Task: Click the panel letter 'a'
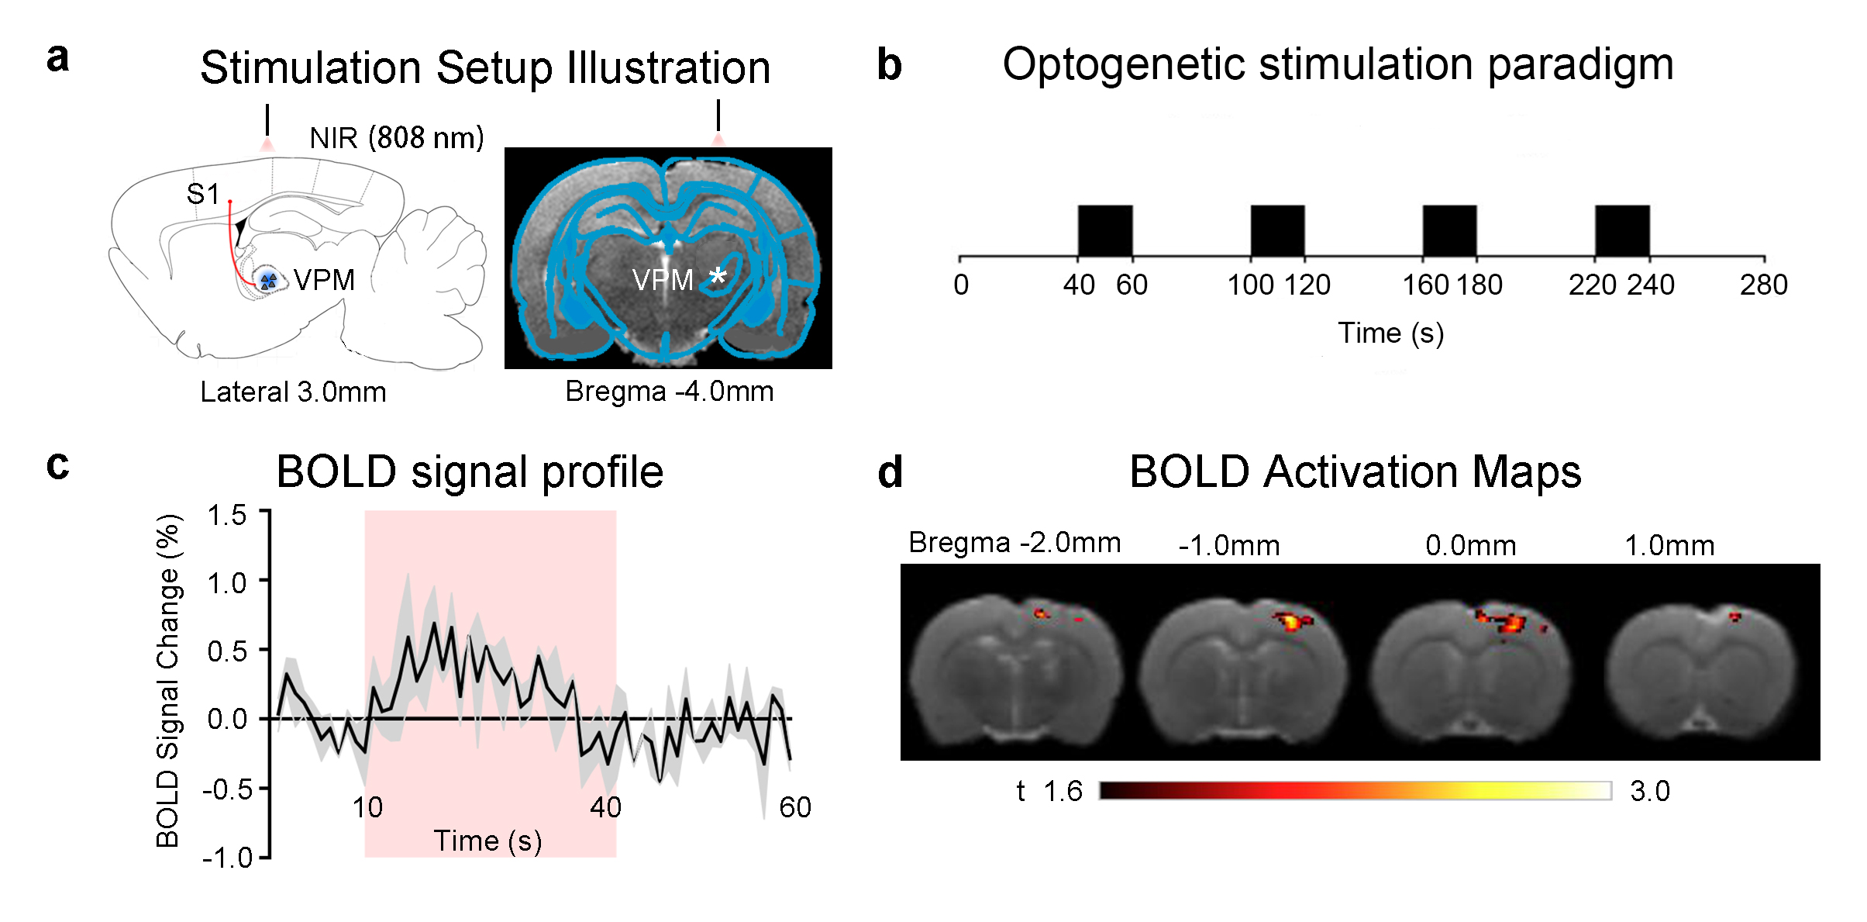pos(57,59)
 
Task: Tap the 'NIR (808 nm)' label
pos(396,138)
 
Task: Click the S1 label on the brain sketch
pos(203,194)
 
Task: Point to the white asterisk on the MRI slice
pos(718,276)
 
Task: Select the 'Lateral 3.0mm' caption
pos(293,392)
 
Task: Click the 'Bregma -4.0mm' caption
pos(669,392)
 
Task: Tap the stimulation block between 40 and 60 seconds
pos(1105,231)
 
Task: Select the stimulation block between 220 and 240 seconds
pos(1622,231)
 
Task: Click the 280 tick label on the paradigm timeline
pos(1763,285)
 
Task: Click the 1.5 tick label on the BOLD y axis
pos(226,516)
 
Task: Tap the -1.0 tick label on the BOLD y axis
pos(227,858)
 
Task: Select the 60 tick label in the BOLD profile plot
pos(795,808)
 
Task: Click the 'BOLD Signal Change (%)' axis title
pos(168,681)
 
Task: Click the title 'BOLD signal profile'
pos(470,471)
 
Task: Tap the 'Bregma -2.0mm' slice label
pos(1014,543)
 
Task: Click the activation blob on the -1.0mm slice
pos(1292,620)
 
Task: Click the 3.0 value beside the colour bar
pos(1650,792)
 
